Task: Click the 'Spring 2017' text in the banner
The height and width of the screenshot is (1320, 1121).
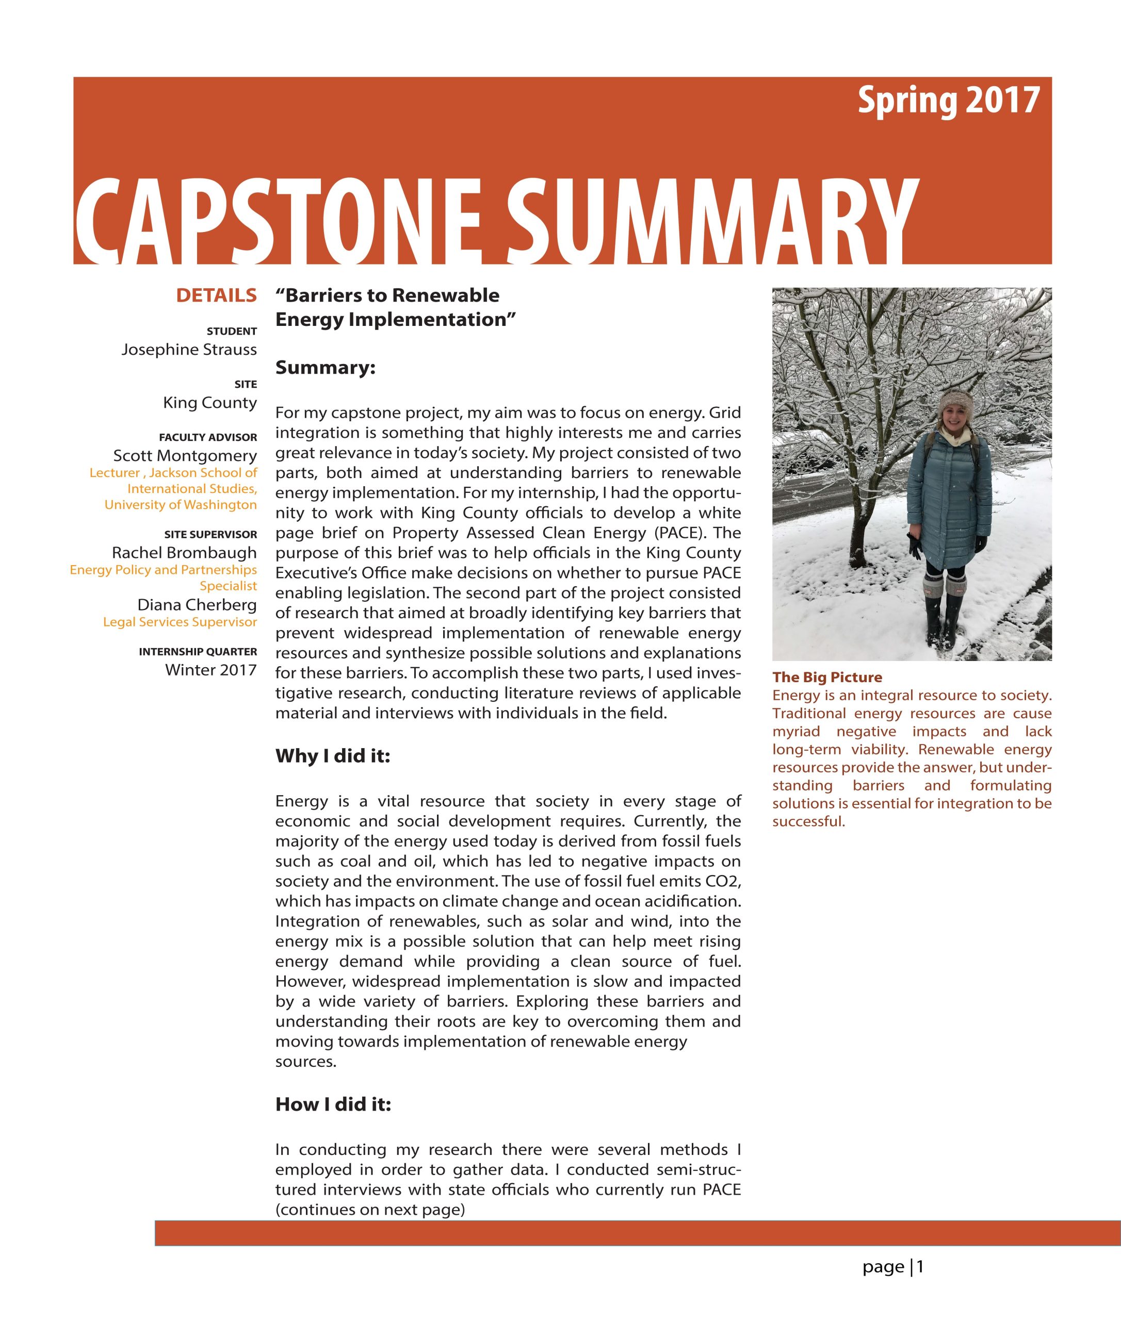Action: pos(948,101)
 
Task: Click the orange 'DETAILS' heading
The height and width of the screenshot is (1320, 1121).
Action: pos(216,295)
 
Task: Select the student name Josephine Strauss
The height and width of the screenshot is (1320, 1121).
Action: pos(189,350)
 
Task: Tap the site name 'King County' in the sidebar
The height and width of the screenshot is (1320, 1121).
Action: pos(210,403)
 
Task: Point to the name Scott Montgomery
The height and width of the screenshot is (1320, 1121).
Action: pos(185,455)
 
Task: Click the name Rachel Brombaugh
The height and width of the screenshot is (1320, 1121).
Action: pos(184,553)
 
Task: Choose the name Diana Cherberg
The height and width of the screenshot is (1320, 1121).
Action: pos(197,605)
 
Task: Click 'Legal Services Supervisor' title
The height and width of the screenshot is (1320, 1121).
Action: pos(180,622)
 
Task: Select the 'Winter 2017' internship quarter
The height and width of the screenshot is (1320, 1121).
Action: pos(211,669)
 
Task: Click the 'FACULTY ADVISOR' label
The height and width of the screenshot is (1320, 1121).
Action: pos(208,437)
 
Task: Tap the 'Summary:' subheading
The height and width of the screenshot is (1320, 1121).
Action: pos(326,368)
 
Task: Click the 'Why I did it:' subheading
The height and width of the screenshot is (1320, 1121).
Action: pos(332,756)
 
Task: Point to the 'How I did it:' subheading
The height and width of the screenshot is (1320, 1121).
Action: pos(333,1104)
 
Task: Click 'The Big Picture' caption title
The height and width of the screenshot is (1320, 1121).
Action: pos(827,677)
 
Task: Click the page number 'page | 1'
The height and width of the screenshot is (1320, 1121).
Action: pos(893,1267)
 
